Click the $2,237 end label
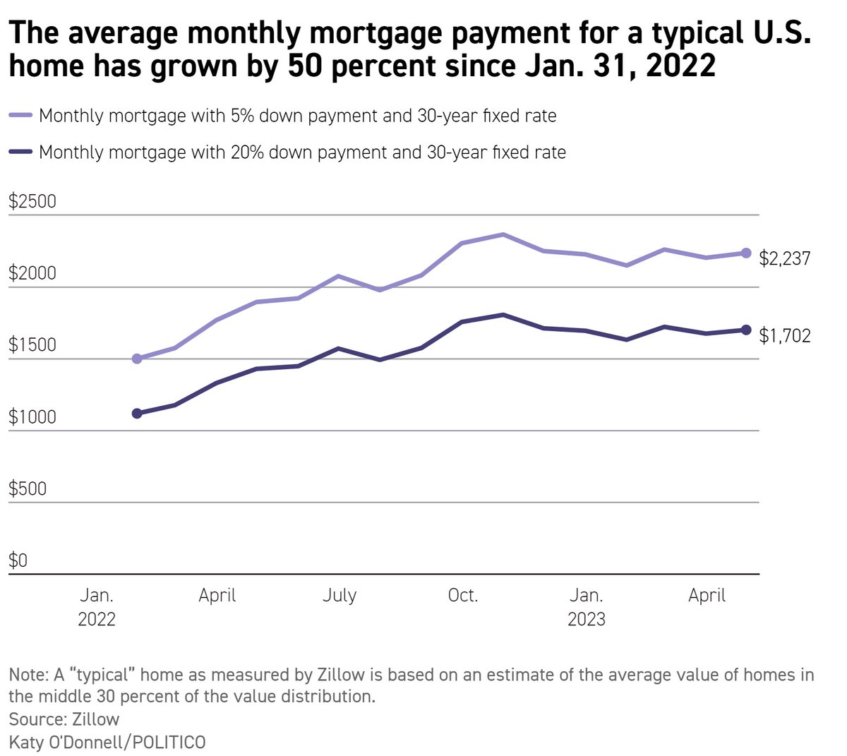click(784, 258)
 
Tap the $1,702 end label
click(784, 335)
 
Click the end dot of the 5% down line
click(746, 253)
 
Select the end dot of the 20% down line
click(746, 330)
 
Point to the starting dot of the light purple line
click(137, 359)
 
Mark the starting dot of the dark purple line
click(137, 413)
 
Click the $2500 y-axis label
click(32, 202)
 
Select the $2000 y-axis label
click(32, 274)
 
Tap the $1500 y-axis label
click(32, 345)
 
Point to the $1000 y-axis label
click(32, 417)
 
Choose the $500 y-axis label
click(28, 488)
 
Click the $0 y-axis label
click(18, 560)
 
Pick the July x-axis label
click(340, 595)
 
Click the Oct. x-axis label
click(463, 595)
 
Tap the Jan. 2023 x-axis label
click(586, 607)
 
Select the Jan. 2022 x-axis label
click(97, 607)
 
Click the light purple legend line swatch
click(20, 115)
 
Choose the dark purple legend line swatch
click(20, 152)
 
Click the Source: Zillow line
click(64, 719)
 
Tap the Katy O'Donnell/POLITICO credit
click(107, 742)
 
